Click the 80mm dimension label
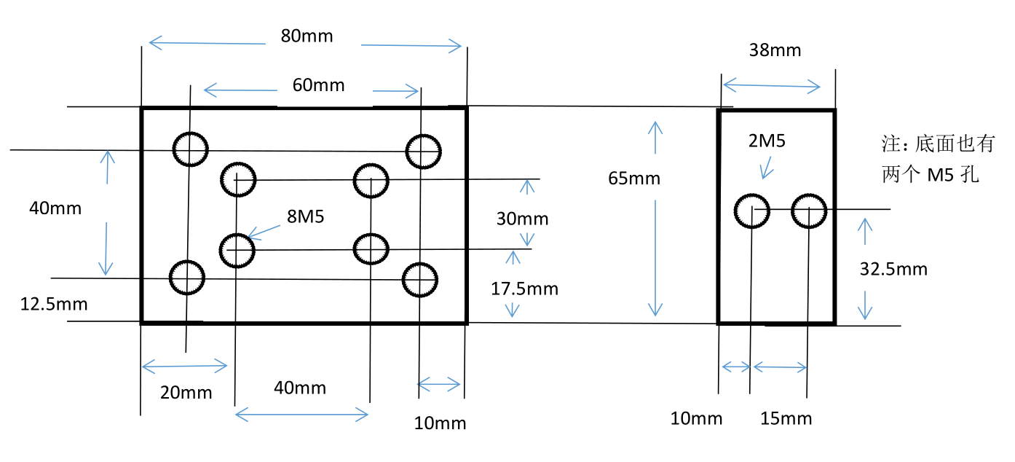click(x=307, y=36)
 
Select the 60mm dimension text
click(x=318, y=85)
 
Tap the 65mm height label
click(x=634, y=178)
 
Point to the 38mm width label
click(x=775, y=50)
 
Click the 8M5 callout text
click(x=306, y=216)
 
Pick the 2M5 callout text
click(x=767, y=141)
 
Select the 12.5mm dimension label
click(x=54, y=304)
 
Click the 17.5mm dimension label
click(x=524, y=289)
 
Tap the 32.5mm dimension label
click(x=893, y=269)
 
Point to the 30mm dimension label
click(x=522, y=219)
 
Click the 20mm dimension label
click(x=186, y=393)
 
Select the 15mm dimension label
click(x=786, y=418)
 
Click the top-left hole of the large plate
click(x=190, y=149)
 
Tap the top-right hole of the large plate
click(x=423, y=152)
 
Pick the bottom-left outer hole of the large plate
click(x=187, y=277)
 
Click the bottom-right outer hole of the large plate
click(x=420, y=279)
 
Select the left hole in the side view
click(x=751, y=211)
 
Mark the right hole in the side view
click(x=807, y=211)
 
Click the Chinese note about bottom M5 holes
click(x=938, y=160)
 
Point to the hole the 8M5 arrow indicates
click(x=237, y=250)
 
